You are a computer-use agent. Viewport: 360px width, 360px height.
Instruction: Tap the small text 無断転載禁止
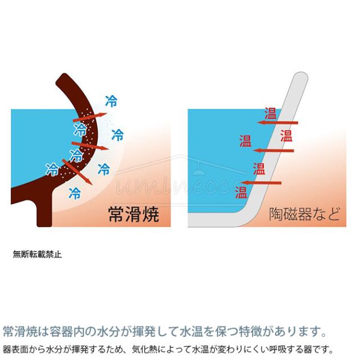(37, 254)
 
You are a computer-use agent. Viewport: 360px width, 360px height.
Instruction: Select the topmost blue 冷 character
(111, 101)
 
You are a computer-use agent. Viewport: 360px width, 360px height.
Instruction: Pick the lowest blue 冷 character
(74, 193)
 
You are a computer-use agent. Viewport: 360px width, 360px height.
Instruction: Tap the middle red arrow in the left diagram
(90, 146)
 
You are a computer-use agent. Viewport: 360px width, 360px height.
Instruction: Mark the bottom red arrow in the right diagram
(261, 183)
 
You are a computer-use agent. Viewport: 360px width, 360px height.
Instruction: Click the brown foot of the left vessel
(44, 214)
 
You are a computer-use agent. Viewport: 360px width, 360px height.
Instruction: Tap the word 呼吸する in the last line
(286, 349)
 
